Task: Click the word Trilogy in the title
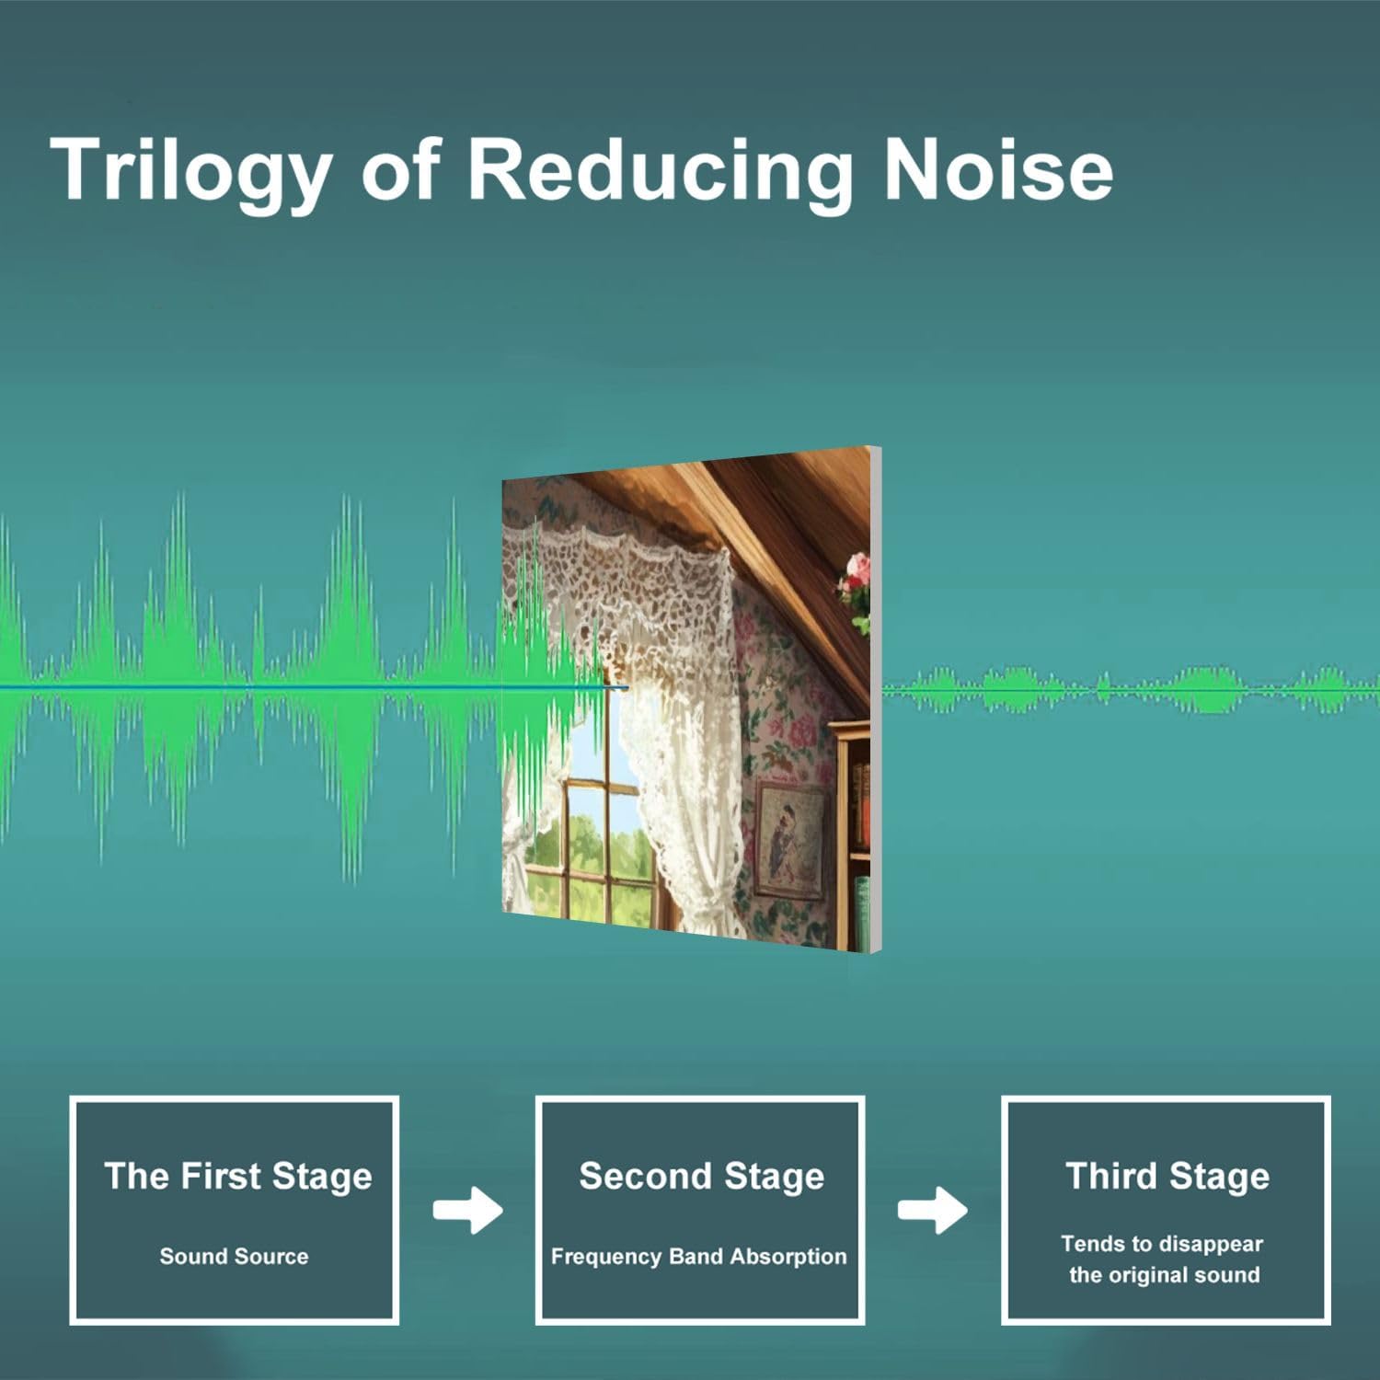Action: coord(191,171)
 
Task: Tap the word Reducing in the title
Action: coord(659,171)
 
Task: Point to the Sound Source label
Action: coord(234,1256)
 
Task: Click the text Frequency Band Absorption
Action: coord(698,1257)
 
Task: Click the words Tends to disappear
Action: coord(1162,1245)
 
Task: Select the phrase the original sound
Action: coord(1164,1275)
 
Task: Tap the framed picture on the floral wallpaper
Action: coord(788,838)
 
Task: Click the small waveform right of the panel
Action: coord(1131,689)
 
